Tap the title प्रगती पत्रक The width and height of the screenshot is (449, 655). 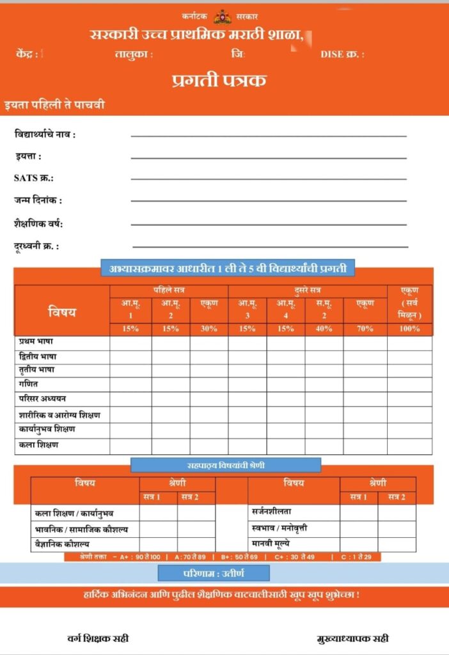tap(219, 81)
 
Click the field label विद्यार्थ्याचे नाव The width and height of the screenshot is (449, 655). tap(45, 134)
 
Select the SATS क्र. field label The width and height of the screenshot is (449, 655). tap(34, 178)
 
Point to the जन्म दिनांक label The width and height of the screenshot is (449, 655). tap(38, 200)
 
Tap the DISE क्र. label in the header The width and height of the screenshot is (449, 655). tap(342, 54)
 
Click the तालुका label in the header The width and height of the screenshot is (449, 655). tap(134, 54)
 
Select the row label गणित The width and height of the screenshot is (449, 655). tap(28, 384)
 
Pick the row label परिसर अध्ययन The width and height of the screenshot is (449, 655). tap(42, 399)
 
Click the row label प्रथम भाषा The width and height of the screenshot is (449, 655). tap(36, 342)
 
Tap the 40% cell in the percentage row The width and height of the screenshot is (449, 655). tap(324, 329)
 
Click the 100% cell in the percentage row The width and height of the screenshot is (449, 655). tap(409, 329)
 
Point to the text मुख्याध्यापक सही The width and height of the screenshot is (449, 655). tap(352, 638)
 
